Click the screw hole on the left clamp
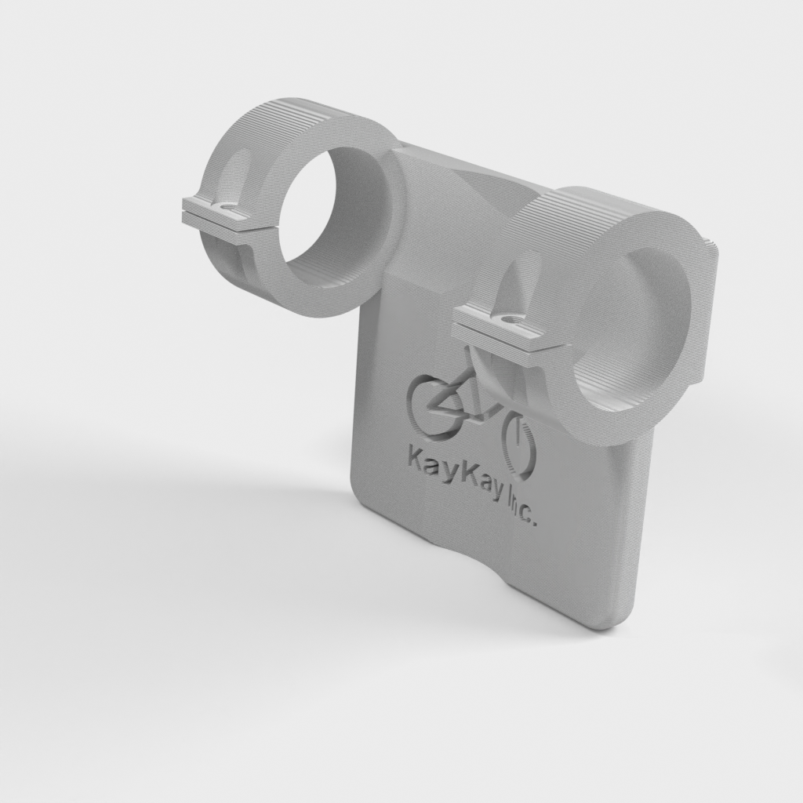227,208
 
